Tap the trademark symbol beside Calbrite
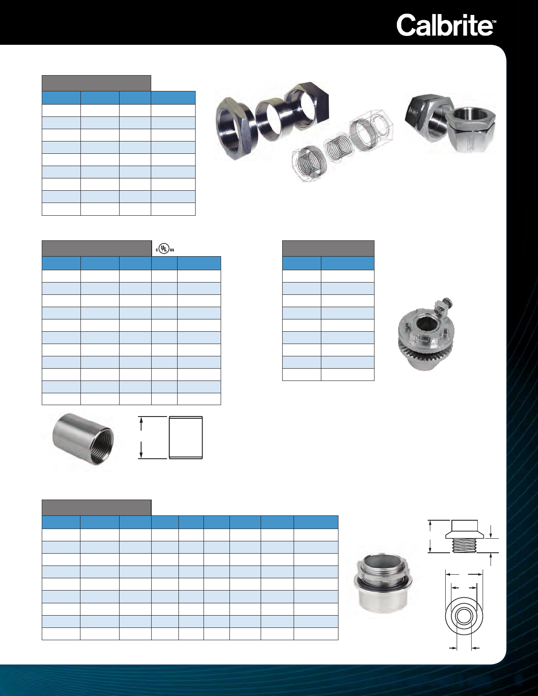tap(494, 22)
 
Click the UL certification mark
tap(165, 249)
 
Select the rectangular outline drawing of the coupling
tap(185, 438)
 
